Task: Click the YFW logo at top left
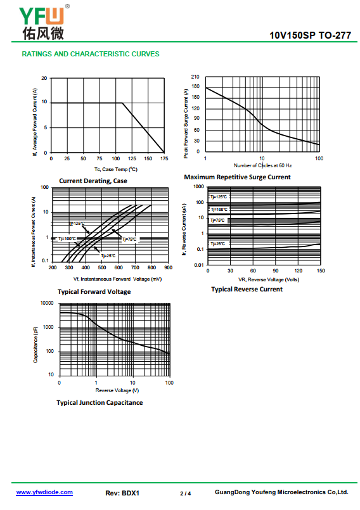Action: (44, 23)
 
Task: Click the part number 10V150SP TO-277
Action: (310, 35)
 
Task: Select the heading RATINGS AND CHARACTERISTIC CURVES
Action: (91, 54)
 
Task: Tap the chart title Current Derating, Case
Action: (93, 181)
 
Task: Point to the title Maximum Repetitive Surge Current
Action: (237, 177)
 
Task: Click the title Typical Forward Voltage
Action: (94, 292)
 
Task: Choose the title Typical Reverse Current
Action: (247, 289)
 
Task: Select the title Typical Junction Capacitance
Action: (100, 403)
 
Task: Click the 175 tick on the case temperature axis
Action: (164, 159)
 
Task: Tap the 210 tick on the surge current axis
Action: (195, 77)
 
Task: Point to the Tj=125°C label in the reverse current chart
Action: (219, 197)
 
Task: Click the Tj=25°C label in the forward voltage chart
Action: (108, 256)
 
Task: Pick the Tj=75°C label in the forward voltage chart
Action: (129, 239)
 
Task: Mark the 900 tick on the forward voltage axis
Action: (169, 268)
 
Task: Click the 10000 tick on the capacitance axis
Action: (47, 303)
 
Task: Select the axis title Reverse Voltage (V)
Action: (117, 390)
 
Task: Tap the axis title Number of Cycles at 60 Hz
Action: (262, 165)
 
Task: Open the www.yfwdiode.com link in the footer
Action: (44, 492)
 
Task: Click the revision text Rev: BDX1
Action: (122, 493)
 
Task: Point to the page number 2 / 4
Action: (186, 494)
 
